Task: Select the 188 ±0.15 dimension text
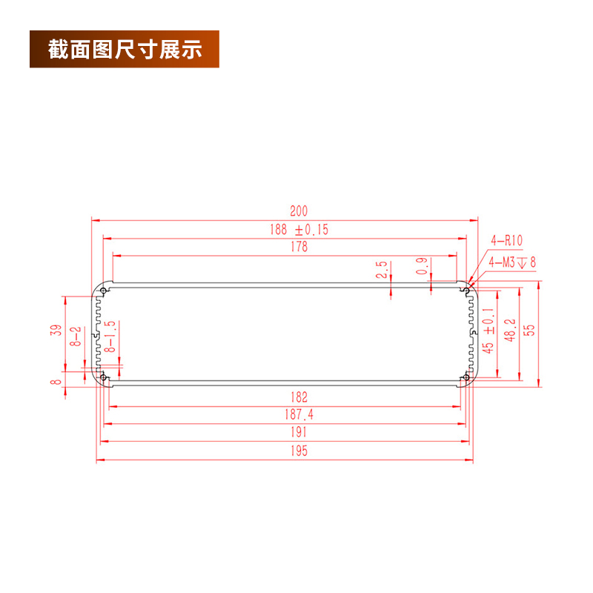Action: tap(299, 230)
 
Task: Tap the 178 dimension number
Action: tap(299, 248)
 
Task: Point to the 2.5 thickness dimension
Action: tap(382, 270)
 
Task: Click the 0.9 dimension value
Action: tap(422, 267)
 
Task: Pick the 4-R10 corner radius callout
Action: tap(507, 240)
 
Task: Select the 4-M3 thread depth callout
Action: tap(511, 262)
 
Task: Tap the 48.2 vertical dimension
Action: tap(509, 330)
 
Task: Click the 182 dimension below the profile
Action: tap(299, 397)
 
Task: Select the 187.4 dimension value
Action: tap(299, 415)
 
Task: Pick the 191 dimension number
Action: tap(299, 433)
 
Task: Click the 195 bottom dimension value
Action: tap(299, 451)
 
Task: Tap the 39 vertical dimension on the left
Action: tap(56, 331)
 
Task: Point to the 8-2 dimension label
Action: tap(76, 337)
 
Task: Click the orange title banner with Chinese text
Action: tap(125, 50)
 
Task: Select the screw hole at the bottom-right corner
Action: tap(466, 379)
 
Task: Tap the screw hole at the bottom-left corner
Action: tap(102, 379)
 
